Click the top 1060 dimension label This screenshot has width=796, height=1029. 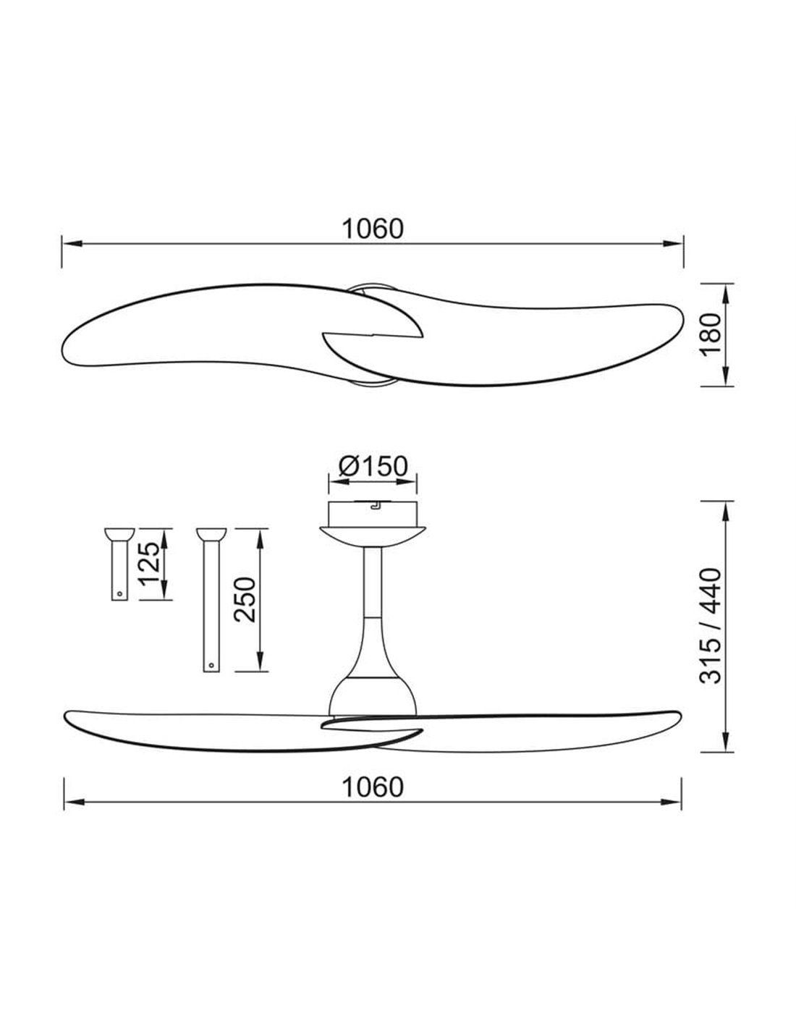[372, 229]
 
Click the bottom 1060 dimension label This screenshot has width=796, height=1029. [372, 786]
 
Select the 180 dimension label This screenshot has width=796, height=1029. [712, 334]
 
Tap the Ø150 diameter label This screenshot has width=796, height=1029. [373, 466]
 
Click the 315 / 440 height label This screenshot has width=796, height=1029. [712, 625]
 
